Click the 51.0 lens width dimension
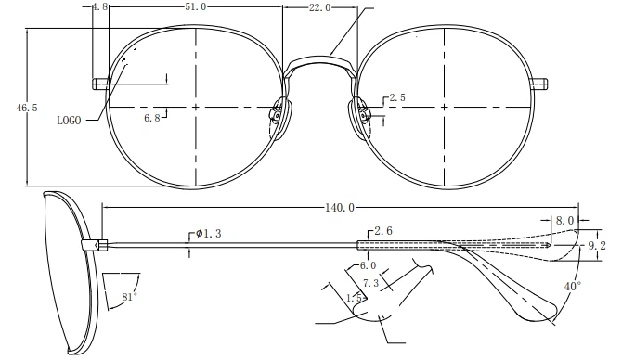(196, 6)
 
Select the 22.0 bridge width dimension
(320, 7)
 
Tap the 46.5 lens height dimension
(27, 108)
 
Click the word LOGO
(69, 121)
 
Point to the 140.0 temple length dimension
(340, 208)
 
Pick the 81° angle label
(129, 297)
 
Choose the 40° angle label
(573, 287)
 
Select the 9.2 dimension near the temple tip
(597, 245)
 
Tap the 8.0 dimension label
(564, 220)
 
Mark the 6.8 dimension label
(152, 118)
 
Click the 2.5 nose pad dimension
(397, 97)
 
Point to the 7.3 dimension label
(371, 283)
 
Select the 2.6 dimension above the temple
(383, 231)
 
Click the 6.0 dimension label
(368, 265)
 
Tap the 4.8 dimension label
(100, 6)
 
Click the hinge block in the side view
(95, 245)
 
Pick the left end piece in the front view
(101, 84)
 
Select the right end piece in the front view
(539, 84)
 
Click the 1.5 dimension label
(354, 298)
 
